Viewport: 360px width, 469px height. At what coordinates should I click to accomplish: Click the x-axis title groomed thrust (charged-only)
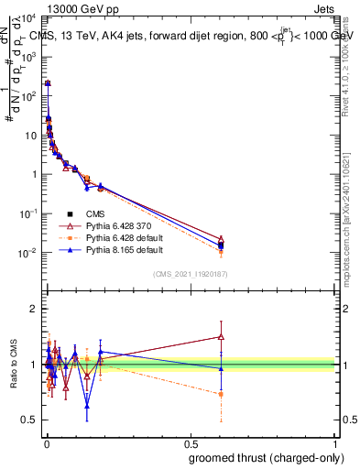267,458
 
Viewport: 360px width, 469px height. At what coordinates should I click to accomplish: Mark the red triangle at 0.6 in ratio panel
221,336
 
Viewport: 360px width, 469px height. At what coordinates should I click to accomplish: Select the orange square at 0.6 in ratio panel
221,394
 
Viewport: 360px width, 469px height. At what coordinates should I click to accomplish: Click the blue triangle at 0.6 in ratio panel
221,368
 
